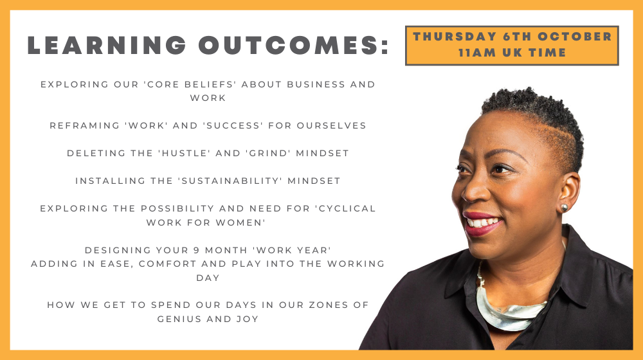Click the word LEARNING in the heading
pyautogui.click(x=107, y=45)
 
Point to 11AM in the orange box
pyautogui.click(x=477, y=53)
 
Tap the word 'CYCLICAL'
pyautogui.click(x=345, y=208)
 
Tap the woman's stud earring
pyautogui.click(x=565, y=208)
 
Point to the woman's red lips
pyautogui.click(x=482, y=224)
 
